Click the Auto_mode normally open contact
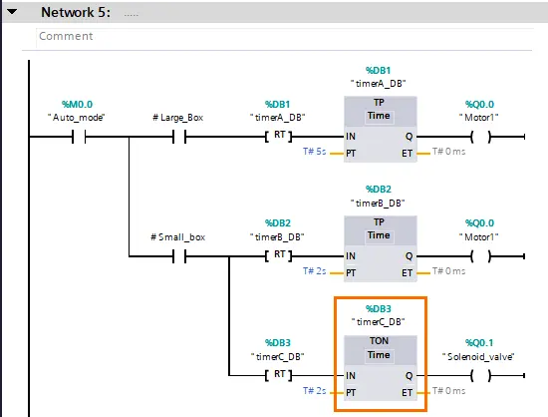point(79,137)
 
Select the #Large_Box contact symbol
point(179,137)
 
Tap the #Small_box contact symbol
point(179,256)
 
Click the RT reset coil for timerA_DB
point(279,136)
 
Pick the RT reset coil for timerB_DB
point(279,255)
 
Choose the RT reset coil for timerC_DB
point(279,375)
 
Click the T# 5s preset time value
point(315,152)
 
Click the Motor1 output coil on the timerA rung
point(481,137)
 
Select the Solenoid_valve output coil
point(481,375)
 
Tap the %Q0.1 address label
point(479,343)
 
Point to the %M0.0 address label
point(78,104)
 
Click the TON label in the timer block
point(380,341)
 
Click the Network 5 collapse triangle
point(12,12)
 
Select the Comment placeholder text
point(66,36)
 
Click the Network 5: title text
point(76,12)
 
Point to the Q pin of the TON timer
point(409,376)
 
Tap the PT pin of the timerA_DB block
point(351,154)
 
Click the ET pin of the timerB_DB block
point(407,273)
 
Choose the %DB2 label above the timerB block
point(379,190)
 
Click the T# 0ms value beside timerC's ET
point(448,391)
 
